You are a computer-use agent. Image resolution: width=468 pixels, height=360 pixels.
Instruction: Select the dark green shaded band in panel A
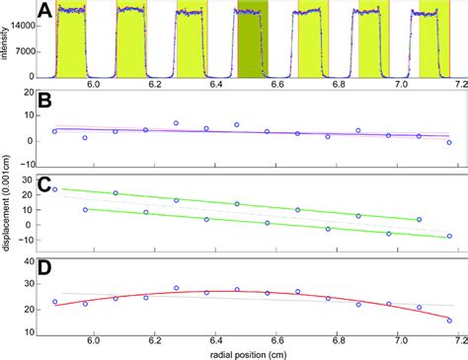pos(251,44)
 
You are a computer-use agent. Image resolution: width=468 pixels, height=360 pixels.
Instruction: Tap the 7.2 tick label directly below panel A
pos(449,87)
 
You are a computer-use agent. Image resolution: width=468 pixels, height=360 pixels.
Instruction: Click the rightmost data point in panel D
pos(449,321)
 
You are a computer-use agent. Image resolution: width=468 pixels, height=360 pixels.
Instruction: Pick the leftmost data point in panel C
pos(54,189)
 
